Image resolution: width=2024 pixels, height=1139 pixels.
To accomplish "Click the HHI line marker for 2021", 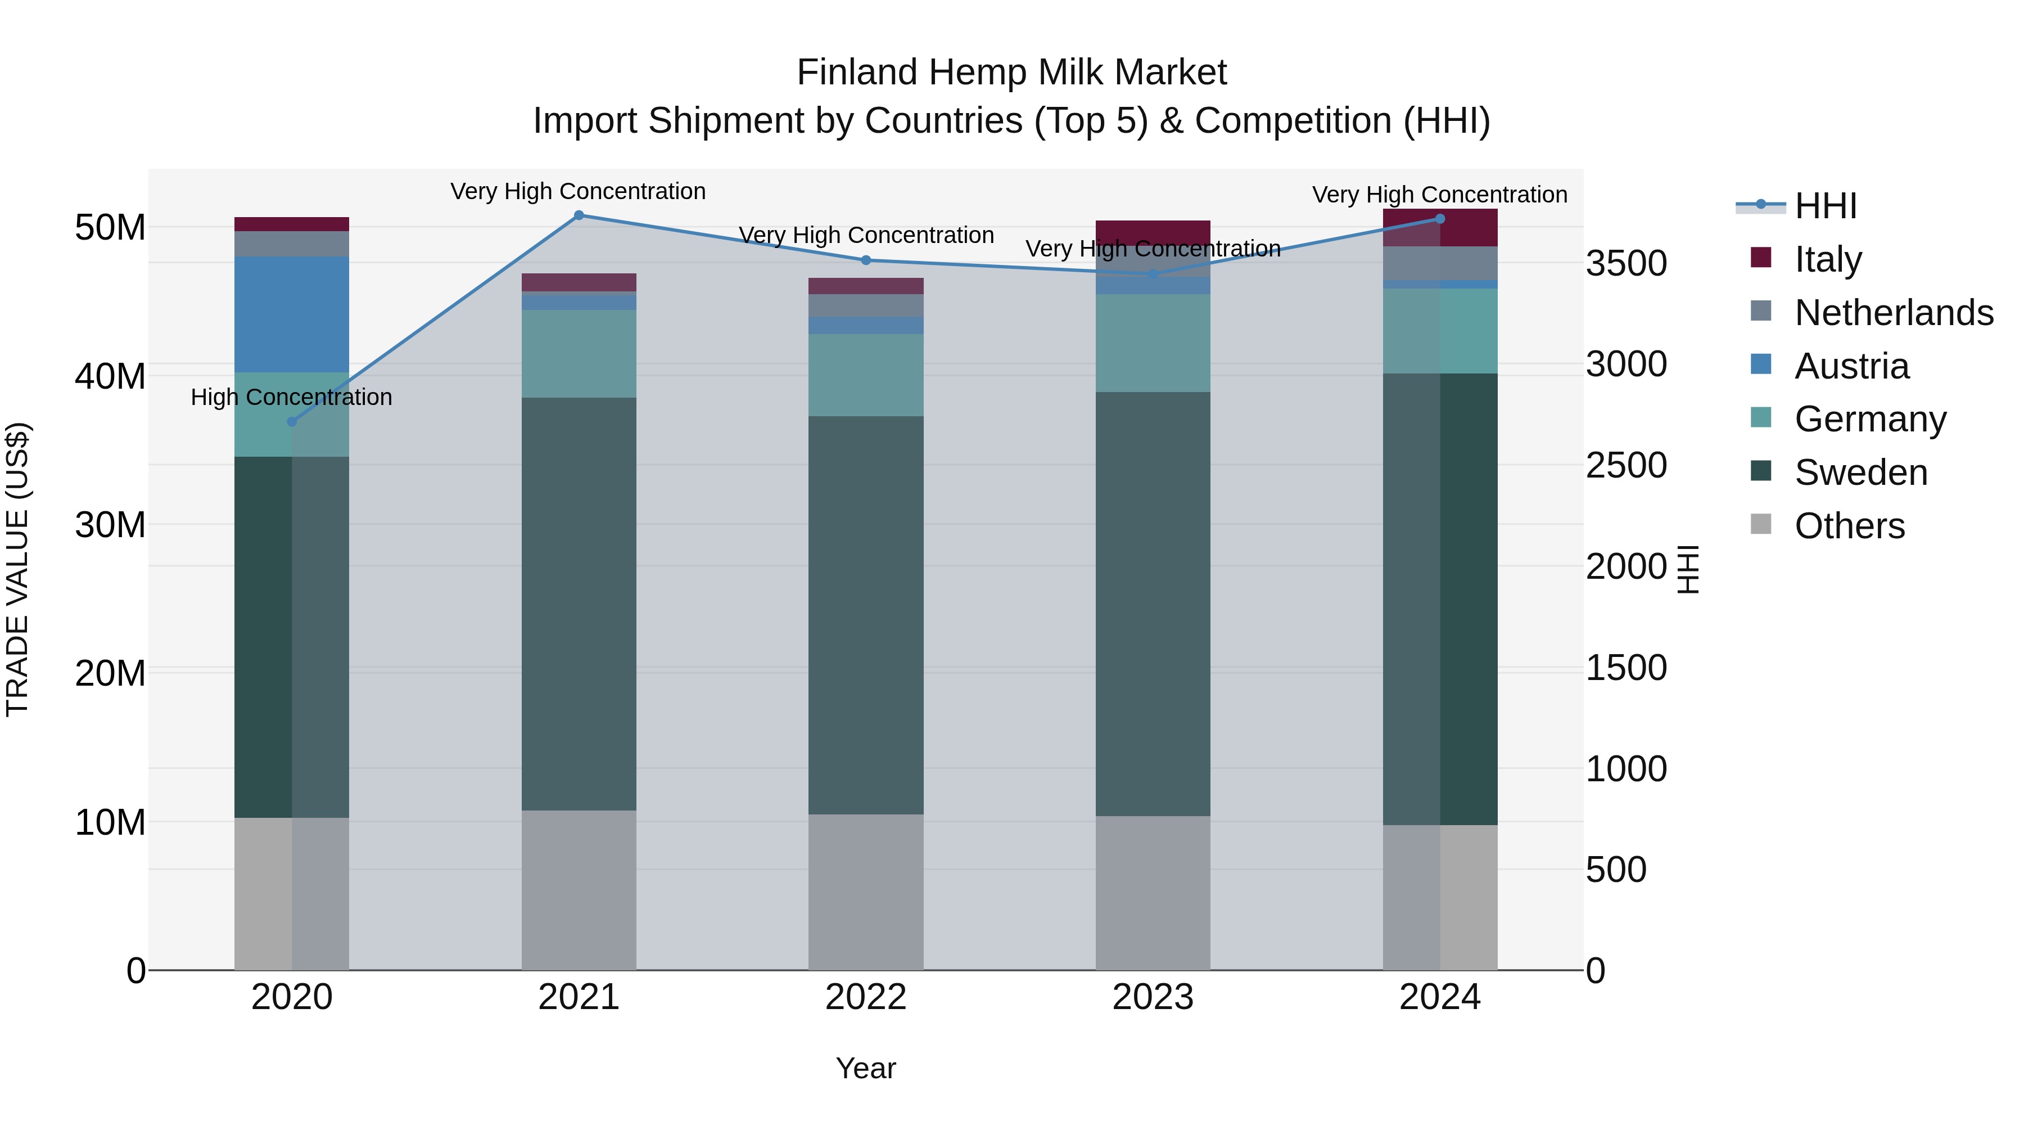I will [579, 215].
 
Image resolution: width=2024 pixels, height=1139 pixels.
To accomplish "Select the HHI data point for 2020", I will [291, 421].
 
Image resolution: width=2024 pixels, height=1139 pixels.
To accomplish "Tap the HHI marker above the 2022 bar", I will [866, 260].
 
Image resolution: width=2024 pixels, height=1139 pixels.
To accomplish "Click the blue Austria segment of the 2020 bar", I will [291, 314].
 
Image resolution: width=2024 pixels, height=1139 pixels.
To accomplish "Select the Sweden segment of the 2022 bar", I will [866, 615].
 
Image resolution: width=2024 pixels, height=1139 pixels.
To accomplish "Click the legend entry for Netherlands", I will [1893, 312].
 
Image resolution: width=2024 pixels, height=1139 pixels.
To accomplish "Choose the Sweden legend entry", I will [1860, 472].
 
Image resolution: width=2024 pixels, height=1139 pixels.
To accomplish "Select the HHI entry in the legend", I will [1824, 206].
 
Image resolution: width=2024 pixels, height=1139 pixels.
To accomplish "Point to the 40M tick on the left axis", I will [110, 376].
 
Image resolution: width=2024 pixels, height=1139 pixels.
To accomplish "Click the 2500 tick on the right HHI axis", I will [1625, 465].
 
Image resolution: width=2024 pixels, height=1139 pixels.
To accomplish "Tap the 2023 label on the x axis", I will [1153, 997].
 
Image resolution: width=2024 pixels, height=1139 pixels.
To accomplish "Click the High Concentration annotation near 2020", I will [291, 397].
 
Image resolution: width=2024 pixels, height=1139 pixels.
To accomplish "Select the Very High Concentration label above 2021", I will [579, 191].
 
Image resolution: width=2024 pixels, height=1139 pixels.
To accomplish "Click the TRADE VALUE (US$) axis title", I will [17, 569].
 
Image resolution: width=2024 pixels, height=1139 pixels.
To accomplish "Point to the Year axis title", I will [866, 1068].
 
